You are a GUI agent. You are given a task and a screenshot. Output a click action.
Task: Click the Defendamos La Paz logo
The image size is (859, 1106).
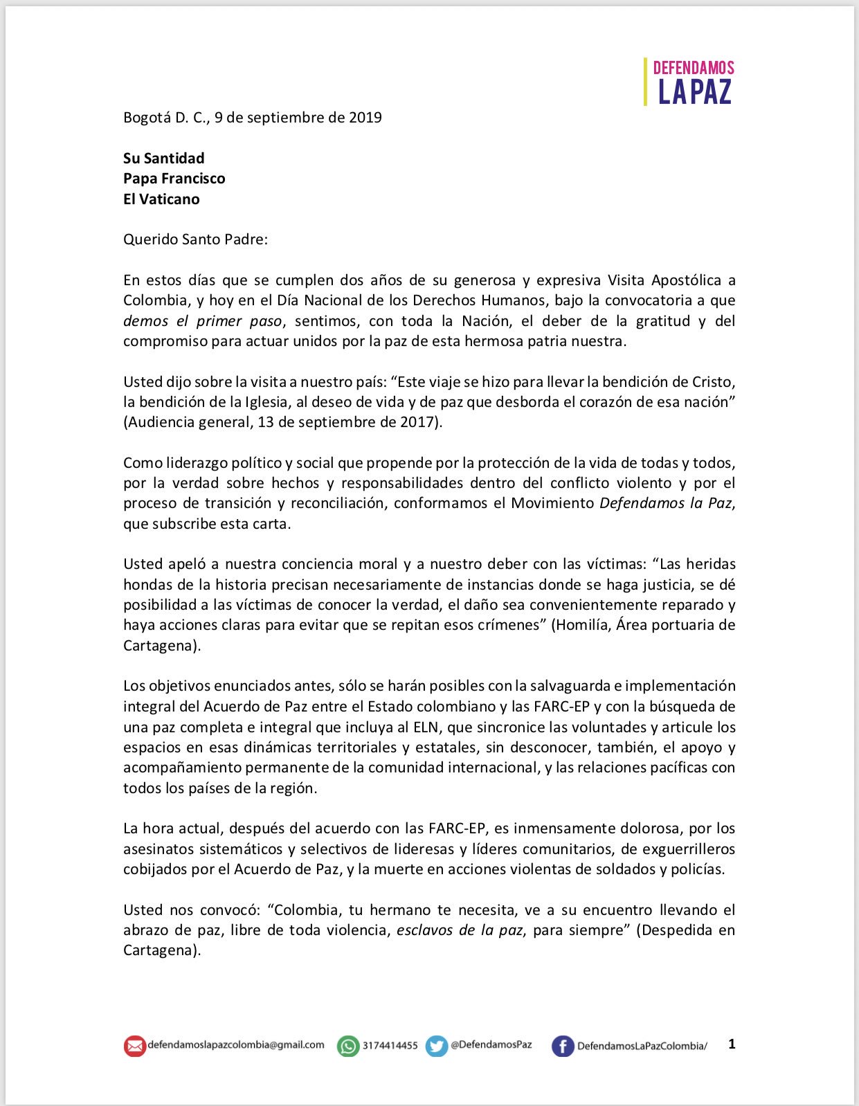[690, 82]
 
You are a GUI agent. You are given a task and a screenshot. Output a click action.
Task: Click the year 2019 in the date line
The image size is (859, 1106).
[365, 117]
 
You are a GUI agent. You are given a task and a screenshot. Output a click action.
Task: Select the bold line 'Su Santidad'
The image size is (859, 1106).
[163, 158]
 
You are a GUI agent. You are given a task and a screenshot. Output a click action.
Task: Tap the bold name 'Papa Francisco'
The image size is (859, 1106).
[174, 179]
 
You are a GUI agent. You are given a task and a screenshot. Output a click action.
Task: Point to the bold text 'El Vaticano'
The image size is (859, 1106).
[161, 199]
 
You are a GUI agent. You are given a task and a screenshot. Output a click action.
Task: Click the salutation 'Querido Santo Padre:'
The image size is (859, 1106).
[195, 239]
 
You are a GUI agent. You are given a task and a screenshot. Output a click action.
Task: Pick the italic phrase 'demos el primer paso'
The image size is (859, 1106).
[203, 321]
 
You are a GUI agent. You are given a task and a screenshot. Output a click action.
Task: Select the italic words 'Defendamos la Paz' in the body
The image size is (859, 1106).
[665, 503]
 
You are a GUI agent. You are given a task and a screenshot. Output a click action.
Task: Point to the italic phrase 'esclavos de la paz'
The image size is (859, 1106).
[460, 930]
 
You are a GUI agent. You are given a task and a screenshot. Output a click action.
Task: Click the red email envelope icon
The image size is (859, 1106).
[134, 1046]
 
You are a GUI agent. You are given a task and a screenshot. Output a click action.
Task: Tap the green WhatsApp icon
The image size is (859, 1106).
[348, 1046]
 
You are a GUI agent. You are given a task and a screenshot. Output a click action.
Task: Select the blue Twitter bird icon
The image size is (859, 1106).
[437, 1046]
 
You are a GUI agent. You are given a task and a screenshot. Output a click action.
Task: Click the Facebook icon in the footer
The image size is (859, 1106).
[563, 1046]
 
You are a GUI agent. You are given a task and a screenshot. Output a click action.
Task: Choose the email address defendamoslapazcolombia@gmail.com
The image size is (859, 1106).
[236, 1045]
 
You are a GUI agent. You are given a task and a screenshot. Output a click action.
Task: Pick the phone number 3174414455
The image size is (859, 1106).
[390, 1046]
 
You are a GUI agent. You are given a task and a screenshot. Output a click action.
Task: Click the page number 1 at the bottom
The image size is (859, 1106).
[732, 1044]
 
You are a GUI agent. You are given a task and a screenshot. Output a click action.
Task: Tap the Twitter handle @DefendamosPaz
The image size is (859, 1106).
[491, 1045]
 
